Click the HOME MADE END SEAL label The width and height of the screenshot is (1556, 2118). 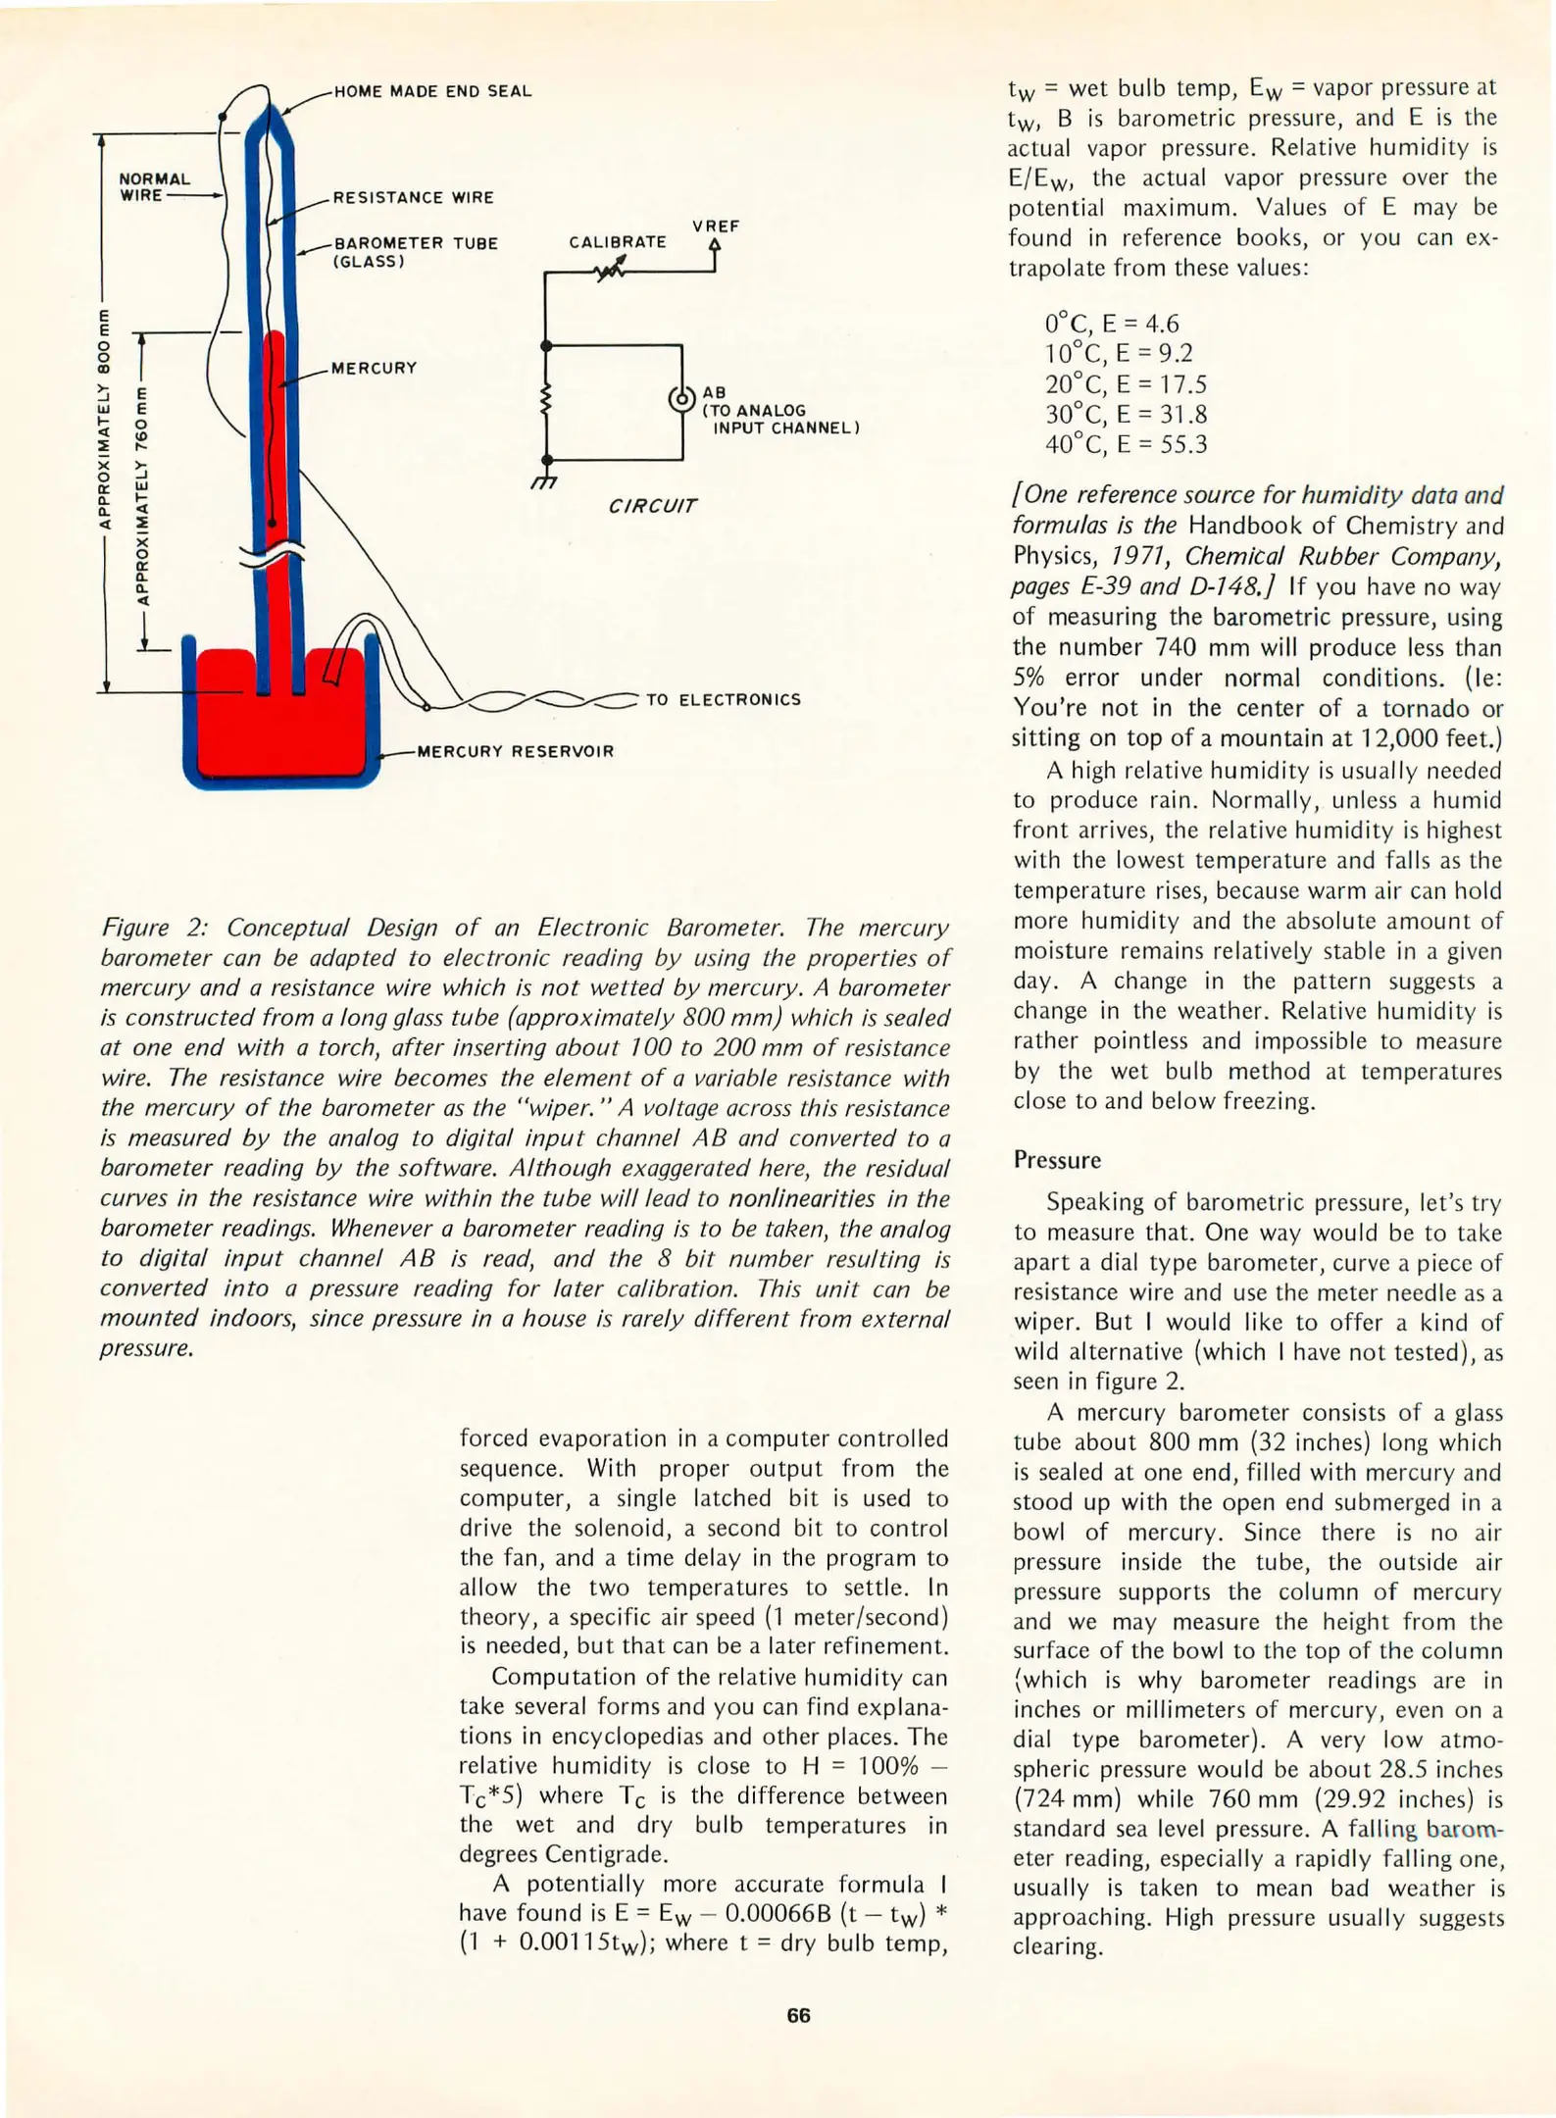432,91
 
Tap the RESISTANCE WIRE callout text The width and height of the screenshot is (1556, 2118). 413,197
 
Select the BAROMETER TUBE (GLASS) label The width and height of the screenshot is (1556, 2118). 416,252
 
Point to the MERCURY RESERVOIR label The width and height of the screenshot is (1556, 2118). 515,751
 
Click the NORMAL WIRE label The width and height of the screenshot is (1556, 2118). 154,186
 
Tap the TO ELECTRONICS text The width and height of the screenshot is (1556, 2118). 723,699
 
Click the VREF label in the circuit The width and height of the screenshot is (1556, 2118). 716,227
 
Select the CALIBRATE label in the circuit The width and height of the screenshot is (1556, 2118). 618,241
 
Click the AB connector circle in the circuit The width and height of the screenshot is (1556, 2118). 681,399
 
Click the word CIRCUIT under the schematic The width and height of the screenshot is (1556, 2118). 652,506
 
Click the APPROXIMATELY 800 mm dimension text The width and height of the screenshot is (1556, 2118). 103,419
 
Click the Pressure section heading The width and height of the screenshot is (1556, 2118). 1057,1159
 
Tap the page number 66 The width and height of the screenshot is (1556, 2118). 798,2015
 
